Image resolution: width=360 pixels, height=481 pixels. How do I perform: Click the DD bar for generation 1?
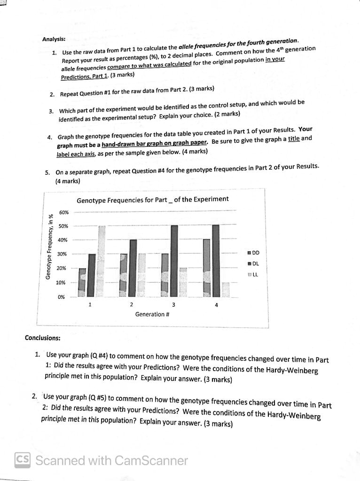(x=82, y=283)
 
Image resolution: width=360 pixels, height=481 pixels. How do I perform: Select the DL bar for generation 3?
(x=174, y=261)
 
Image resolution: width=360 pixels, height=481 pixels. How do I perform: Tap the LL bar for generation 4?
(x=226, y=290)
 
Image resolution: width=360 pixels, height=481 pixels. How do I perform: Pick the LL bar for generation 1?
(x=101, y=261)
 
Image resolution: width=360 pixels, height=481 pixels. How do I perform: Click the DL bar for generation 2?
(x=133, y=268)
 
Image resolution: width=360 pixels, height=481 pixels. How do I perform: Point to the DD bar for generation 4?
(x=206, y=268)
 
